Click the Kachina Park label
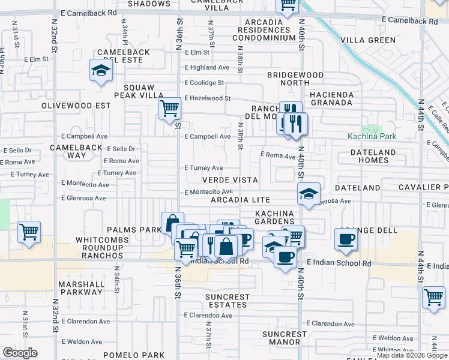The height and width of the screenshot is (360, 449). tap(372, 136)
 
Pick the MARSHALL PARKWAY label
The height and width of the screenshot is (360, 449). tap(81, 288)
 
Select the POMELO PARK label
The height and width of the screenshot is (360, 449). tap(133, 355)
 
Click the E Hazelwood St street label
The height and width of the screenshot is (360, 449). tap(208, 98)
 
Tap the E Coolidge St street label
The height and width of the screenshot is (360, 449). tap(204, 83)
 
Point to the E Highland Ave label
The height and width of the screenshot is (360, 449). tap(207, 68)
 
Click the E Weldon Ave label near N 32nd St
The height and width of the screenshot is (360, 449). tap(82, 341)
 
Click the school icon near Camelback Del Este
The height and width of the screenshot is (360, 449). tap(101, 71)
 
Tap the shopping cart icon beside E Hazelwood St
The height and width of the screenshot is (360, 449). tap(170, 109)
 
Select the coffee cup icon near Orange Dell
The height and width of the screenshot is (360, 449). tap(346, 239)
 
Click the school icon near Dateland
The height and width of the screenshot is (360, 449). tap(309, 194)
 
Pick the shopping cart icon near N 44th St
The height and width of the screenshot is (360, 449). tap(433, 296)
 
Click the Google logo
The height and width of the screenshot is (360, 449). tap(20, 353)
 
